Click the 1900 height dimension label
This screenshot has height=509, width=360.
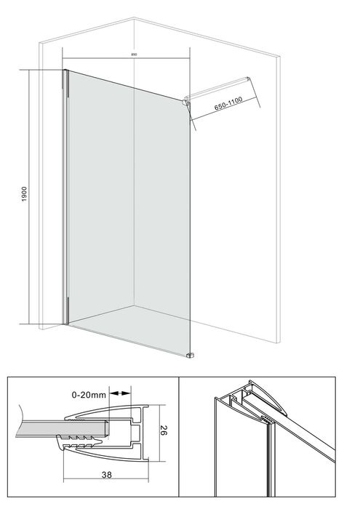(24, 195)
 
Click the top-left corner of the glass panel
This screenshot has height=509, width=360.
(67, 71)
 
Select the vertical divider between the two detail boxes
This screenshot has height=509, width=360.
(180, 437)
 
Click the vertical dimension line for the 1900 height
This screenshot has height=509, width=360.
(31, 196)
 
